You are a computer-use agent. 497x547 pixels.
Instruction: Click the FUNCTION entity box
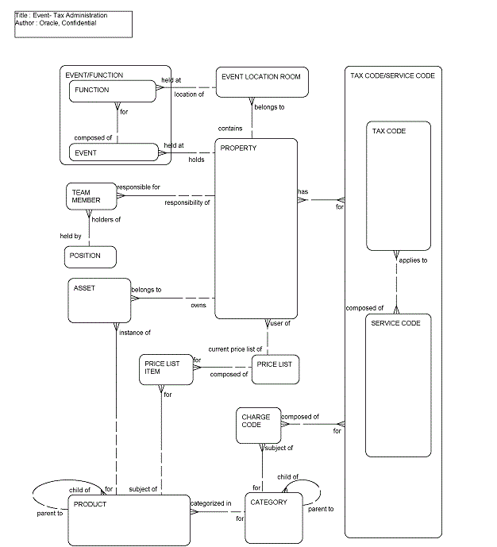coord(112,91)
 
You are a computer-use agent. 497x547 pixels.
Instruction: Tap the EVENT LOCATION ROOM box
coord(262,83)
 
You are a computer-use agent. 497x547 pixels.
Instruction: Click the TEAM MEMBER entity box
coord(90,197)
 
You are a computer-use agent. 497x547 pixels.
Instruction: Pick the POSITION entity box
coord(90,256)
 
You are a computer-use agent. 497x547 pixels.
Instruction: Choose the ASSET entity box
coord(99,301)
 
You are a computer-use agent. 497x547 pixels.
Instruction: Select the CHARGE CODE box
coord(259,426)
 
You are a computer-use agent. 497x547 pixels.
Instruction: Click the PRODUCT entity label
coord(90,504)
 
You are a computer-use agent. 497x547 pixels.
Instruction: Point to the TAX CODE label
coord(389,131)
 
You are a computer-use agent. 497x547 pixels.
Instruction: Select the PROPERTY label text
coord(238,148)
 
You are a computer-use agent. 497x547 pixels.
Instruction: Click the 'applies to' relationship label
coord(413,260)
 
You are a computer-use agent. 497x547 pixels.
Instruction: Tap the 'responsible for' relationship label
coord(138,187)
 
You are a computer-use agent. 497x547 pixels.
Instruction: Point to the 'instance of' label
coord(135,332)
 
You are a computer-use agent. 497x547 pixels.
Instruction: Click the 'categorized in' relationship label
coord(211,503)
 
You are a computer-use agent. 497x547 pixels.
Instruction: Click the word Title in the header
coord(22,15)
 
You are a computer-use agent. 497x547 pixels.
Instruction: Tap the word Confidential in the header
coord(80,23)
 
